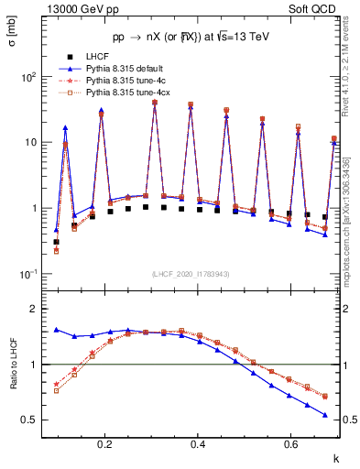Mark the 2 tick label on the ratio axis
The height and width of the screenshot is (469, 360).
click(x=34, y=310)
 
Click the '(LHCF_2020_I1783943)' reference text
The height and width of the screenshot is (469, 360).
click(x=190, y=275)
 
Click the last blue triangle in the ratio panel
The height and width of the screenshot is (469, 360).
click(x=324, y=415)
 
